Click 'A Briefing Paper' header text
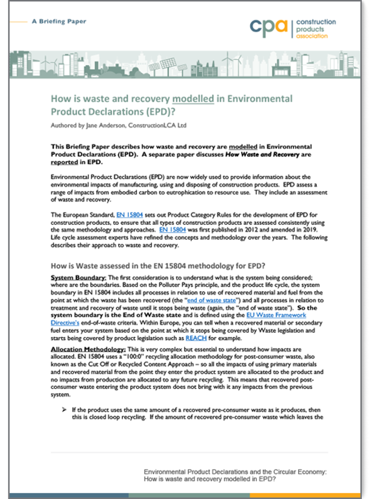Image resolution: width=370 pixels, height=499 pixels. [59, 22]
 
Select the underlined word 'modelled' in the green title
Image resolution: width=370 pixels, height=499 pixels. [193, 99]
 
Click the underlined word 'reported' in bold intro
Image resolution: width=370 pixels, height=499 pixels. [64, 162]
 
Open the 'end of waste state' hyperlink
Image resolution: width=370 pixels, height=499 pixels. [212, 300]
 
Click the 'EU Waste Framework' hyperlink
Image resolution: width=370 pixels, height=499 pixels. [276, 315]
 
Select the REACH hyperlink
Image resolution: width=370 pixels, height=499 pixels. [196, 338]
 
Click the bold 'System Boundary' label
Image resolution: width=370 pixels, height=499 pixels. [78, 278]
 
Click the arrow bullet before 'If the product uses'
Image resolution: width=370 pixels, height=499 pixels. [64, 410]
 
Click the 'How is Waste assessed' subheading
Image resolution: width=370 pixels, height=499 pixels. [158, 266]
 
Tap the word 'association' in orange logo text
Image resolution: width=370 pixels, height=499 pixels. [312, 36]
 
